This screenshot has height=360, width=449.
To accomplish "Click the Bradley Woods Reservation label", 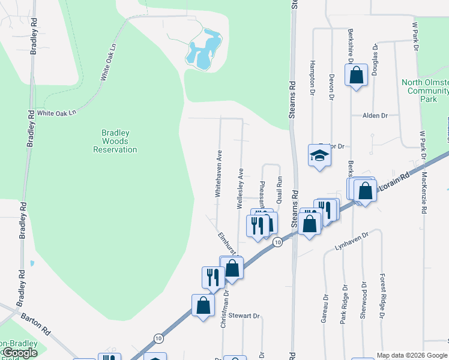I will coord(115,141).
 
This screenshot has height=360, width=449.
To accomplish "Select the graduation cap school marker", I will coord(319,156).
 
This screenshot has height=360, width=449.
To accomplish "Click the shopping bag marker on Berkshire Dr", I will coord(356,76).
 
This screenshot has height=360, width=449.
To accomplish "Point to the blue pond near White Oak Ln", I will coord(202,50).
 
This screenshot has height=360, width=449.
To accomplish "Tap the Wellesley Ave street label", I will coord(240,188).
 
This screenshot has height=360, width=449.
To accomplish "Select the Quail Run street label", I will coord(279,188).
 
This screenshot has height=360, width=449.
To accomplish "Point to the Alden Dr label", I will coord(376,115).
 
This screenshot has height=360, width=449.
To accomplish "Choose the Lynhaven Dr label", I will coord(351,239).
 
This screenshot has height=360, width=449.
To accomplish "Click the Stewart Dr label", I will coord(246,316).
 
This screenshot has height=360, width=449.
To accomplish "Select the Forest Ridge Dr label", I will coord(382,296).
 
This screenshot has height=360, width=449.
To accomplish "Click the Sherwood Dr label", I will coord(364,298).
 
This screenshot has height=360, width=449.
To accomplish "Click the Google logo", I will coord(20,353).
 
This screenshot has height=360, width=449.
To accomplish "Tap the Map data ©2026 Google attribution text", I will coord(412,355).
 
